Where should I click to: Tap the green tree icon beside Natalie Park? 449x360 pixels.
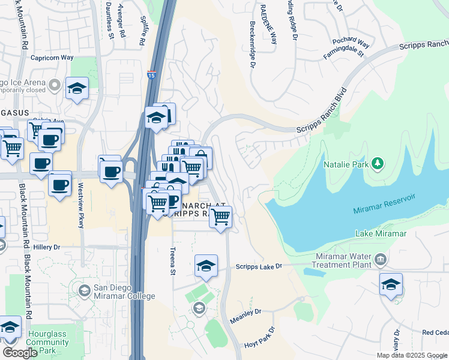(x=378, y=163)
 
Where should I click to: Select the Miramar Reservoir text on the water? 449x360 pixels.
(x=384, y=209)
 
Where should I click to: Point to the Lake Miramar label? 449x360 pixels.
(x=381, y=233)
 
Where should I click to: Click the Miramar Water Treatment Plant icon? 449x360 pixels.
(x=380, y=260)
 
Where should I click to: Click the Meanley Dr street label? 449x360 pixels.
(x=246, y=312)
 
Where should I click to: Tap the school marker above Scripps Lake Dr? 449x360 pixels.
(x=206, y=265)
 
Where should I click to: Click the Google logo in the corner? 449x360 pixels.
(x=20, y=353)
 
